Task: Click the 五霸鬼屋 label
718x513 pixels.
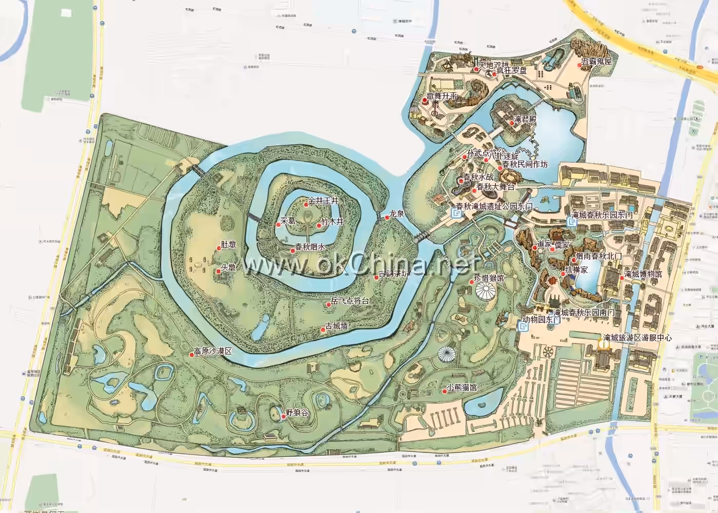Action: tap(596, 62)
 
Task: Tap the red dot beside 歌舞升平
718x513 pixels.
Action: tap(425, 101)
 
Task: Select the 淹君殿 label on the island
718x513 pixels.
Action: tap(525, 119)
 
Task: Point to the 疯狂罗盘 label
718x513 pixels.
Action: tap(511, 70)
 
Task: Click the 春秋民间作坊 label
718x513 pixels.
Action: tap(525, 164)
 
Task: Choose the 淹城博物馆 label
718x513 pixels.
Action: tap(643, 274)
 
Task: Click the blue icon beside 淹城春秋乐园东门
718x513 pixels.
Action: tap(572, 222)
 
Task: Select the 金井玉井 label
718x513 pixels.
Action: tap(324, 201)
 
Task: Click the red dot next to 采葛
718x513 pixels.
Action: tap(277, 224)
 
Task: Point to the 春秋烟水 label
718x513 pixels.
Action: tap(310, 247)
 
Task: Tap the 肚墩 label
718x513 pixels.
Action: tap(228, 245)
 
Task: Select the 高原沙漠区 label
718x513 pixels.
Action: tap(212, 351)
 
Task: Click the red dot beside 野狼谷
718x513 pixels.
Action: tap(283, 416)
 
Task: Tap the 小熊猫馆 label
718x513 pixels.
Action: tap(462, 387)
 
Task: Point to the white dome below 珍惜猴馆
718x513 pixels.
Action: tap(485, 293)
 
